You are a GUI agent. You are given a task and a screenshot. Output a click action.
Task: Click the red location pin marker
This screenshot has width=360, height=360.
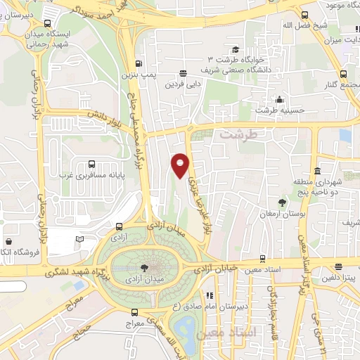tap(180, 165)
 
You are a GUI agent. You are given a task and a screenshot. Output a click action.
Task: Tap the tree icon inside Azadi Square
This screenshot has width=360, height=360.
tap(144, 267)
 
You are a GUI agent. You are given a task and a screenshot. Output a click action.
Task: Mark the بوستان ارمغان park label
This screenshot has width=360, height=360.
tap(283, 212)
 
